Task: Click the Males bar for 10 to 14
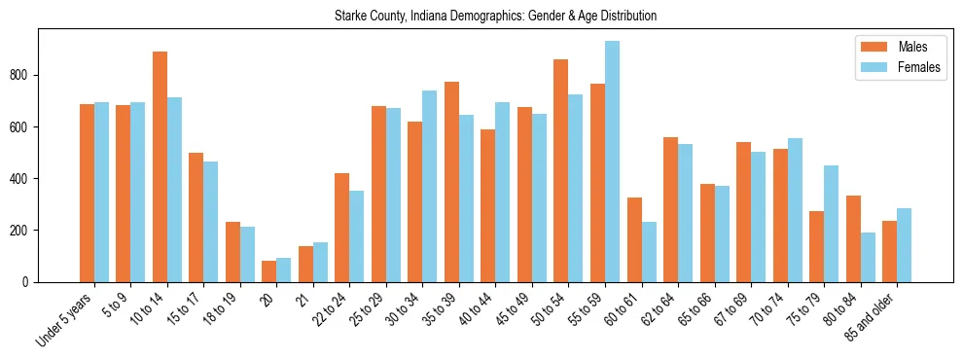[x=160, y=166]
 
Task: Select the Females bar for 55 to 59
[x=612, y=162]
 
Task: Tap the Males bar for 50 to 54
[x=560, y=170]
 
